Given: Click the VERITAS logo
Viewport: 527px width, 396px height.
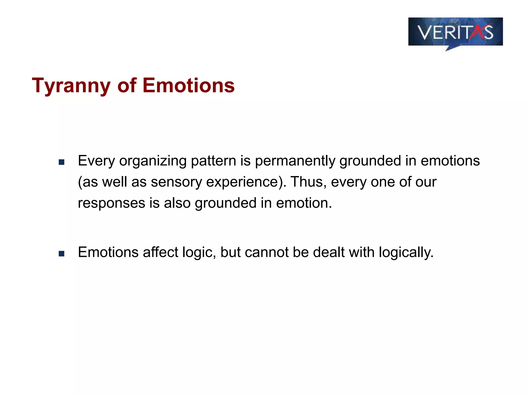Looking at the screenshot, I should [455, 32].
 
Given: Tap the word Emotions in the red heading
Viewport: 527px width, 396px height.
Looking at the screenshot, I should [188, 85].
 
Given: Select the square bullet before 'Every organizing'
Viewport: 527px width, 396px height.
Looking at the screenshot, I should [61, 162].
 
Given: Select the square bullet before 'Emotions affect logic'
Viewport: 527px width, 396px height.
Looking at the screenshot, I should [61, 254].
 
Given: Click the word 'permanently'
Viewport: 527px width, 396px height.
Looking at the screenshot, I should [295, 161].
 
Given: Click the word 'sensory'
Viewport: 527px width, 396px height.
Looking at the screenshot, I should [176, 182].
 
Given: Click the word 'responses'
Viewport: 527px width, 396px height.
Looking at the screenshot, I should [111, 203].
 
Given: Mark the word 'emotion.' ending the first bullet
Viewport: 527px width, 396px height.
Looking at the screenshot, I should [304, 203].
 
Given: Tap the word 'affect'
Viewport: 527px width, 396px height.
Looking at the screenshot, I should [160, 252].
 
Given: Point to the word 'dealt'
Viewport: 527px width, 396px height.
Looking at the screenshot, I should [328, 252].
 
